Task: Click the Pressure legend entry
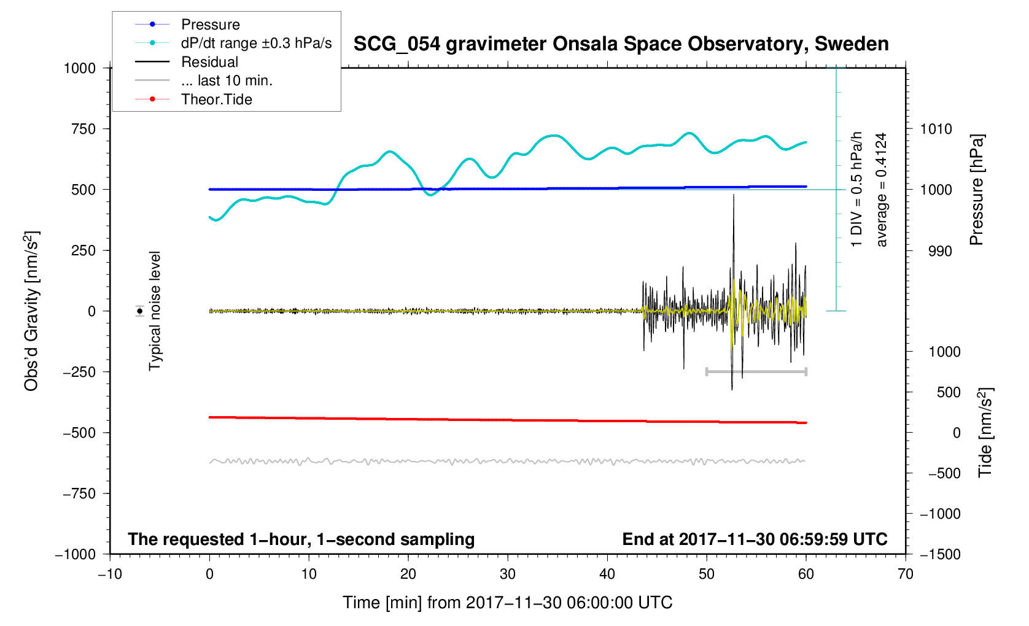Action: [210, 25]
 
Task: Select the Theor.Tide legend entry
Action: [216, 99]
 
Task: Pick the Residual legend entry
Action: [209, 62]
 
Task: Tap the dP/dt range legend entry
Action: [256, 44]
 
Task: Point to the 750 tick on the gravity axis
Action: [83, 129]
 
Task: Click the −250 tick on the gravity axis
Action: [79, 372]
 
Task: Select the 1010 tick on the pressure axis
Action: [936, 129]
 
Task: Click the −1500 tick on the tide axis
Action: [939, 554]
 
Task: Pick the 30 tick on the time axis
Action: [508, 574]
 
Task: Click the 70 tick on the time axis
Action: [906, 574]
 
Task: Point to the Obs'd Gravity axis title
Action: [31, 311]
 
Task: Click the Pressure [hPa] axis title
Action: [976, 190]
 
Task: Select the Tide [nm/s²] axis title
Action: [985, 433]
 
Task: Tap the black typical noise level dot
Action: [140, 311]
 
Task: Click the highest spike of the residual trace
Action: [733, 196]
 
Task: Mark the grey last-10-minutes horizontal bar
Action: [756, 371]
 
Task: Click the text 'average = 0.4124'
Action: [882, 190]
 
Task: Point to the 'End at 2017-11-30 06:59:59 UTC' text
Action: [755, 539]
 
